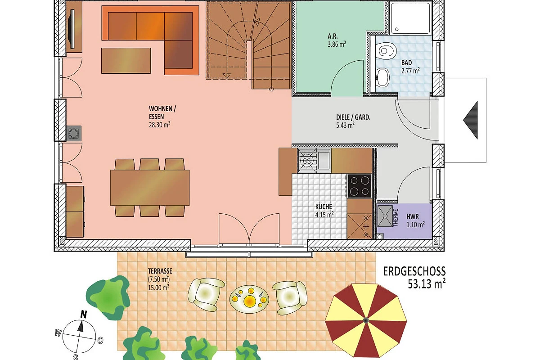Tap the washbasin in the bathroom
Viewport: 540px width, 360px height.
pos(383,77)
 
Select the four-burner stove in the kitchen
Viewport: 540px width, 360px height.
pos(360,186)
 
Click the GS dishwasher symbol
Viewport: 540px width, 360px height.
pos(307,161)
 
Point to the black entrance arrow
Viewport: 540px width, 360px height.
pos(471,120)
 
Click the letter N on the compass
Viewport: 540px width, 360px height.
pos(83,315)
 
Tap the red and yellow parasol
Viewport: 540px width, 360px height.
pos(366,320)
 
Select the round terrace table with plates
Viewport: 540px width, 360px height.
pos(249,299)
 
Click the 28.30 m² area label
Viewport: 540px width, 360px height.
pos(160,125)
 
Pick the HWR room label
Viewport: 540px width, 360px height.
pos(413,216)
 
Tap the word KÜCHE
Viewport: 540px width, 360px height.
pos(324,207)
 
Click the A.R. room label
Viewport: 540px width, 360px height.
pos(333,36)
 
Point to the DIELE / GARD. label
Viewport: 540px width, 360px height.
pos(353,117)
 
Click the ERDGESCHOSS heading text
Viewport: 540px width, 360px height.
pos(414,272)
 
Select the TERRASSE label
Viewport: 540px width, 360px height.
pos(160,271)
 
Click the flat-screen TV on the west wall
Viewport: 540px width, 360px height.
pos(72,29)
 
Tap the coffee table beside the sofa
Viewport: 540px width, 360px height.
pos(126,60)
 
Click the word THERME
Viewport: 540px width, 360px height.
pos(396,217)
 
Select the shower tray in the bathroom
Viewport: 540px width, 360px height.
pos(410,18)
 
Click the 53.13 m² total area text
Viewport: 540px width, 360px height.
pos(427,284)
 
